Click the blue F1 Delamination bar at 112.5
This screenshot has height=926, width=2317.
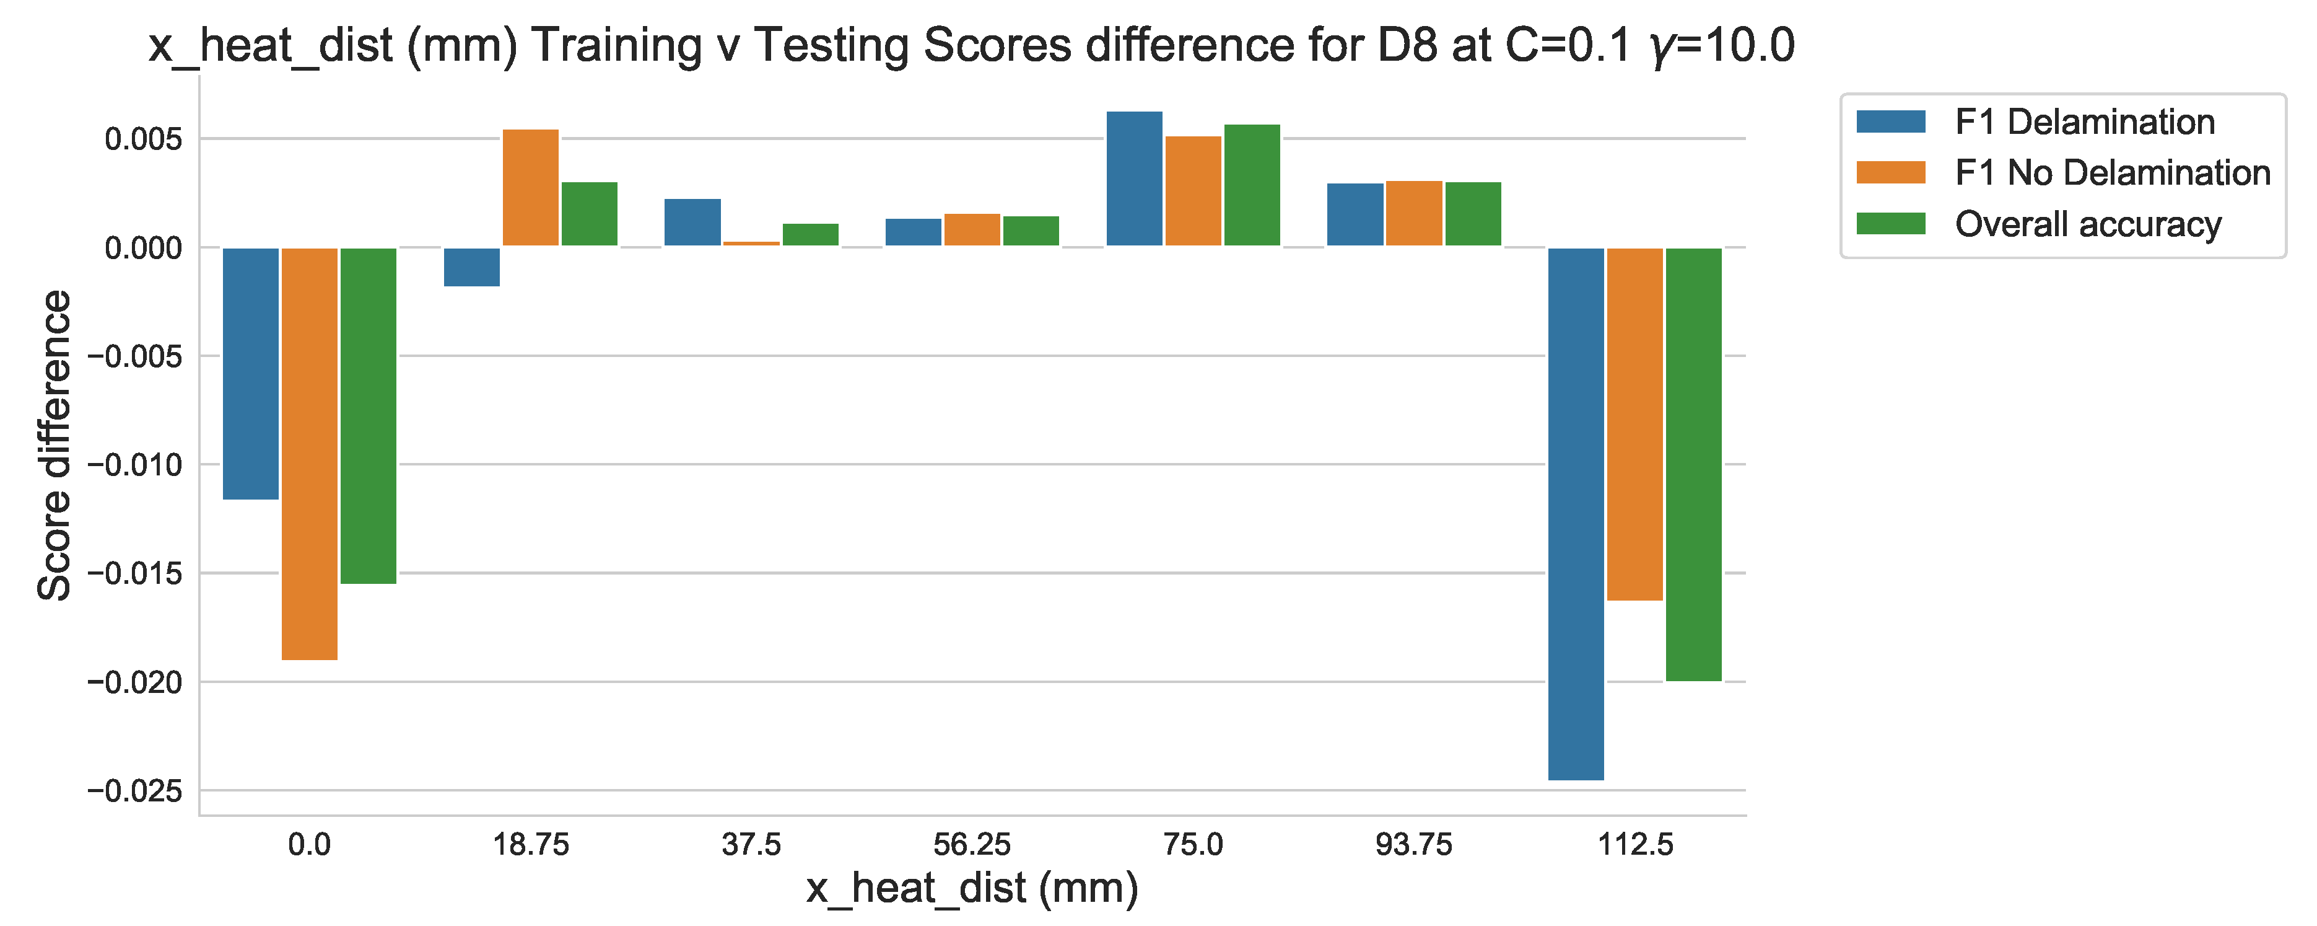click(x=1575, y=513)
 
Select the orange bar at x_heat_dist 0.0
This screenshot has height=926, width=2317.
click(x=310, y=454)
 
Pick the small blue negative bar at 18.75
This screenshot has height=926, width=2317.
click(x=472, y=267)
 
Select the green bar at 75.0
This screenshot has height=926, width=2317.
click(x=1252, y=185)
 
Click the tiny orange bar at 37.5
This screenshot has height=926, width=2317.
click(x=751, y=243)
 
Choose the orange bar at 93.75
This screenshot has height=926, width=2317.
click(x=1414, y=213)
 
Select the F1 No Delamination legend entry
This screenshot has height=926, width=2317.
click(x=2112, y=173)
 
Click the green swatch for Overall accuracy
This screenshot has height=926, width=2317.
click(x=1891, y=223)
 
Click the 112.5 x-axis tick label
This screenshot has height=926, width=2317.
click(x=1634, y=845)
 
